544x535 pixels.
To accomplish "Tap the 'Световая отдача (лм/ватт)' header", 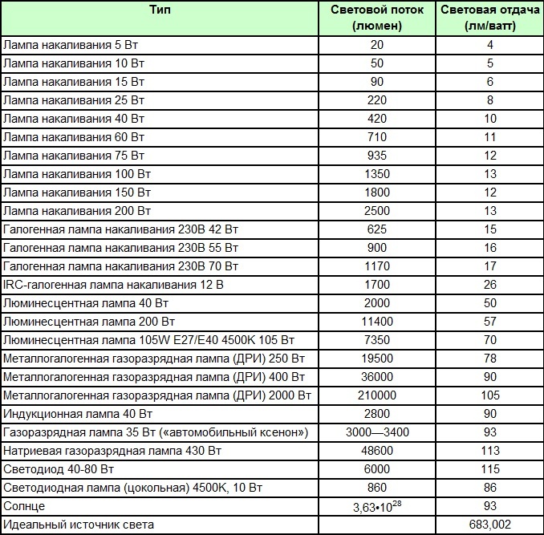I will click(489, 18).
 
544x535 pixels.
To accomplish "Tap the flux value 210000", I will click(377, 395).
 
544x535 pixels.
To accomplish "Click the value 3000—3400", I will click(377, 432).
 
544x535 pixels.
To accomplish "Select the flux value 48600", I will click(377, 451).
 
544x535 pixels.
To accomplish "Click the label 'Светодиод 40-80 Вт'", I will click(57, 469).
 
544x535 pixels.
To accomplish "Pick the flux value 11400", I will click(377, 322).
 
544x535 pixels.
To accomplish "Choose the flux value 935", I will click(377, 155).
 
